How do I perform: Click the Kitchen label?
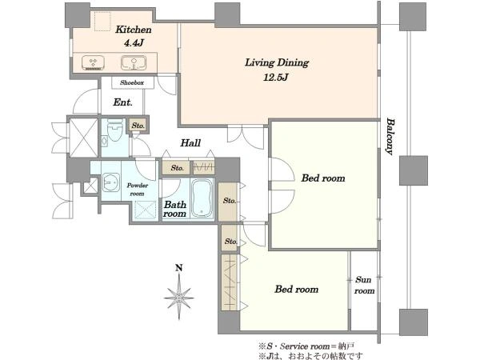[x=134, y=30]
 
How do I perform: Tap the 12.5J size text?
[x=276, y=77]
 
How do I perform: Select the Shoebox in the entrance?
[x=132, y=82]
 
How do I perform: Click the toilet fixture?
[x=114, y=131]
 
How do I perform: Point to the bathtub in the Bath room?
[x=202, y=198]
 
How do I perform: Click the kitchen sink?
[x=134, y=62]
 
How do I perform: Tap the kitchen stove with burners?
[x=94, y=62]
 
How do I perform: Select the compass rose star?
[x=179, y=296]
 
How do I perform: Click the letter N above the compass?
[x=179, y=268]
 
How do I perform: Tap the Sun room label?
[x=364, y=285]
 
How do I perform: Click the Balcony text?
[x=390, y=137]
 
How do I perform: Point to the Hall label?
[x=190, y=142]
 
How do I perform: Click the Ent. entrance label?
[x=122, y=102]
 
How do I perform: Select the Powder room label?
[x=137, y=190]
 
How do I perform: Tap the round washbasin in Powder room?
[x=111, y=182]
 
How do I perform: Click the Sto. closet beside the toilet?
[x=138, y=126]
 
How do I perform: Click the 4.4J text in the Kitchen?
[x=134, y=43]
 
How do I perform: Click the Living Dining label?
[x=277, y=62]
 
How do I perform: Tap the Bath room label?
[x=174, y=209]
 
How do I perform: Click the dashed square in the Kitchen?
[x=102, y=21]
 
